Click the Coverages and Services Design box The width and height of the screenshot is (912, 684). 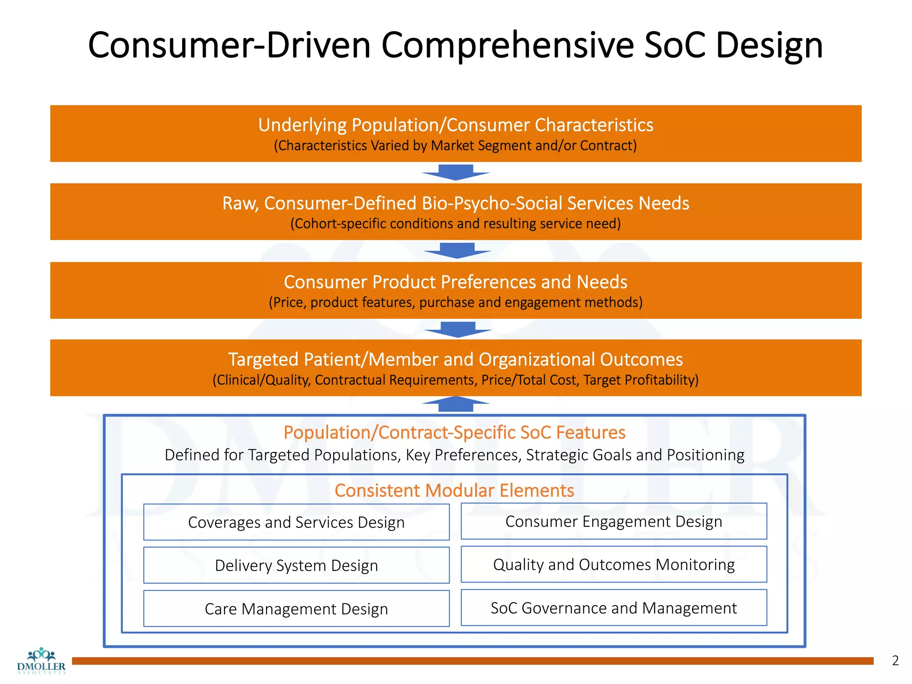pyautogui.click(x=296, y=522)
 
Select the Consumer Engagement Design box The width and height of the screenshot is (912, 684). pyautogui.click(x=614, y=521)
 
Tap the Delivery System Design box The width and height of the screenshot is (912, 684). pyautogui.click(x=296, y=565)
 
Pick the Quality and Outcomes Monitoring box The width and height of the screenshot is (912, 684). pyautogui.click(x=614, y=564)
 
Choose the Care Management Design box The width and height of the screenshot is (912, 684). pyautogui.click(x=296, y=608)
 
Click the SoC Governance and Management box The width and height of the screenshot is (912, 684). pyautogui.click(x=614, y=607)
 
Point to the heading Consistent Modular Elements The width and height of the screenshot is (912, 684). pyautogui.click(x=454, y=490)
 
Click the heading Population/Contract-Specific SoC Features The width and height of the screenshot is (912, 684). pyautogui.click(x=454, y=432)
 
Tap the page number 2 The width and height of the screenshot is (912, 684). pyautogui.click(x=895, y=660)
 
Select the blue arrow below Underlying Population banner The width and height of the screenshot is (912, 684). pyautogui.click(x=456, y=172)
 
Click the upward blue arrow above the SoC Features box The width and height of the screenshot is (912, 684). pyautogui.click(x=456, y=403)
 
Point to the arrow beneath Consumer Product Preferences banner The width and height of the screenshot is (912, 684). pyautogui.click(x=457, y=330)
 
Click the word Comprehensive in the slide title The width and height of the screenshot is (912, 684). pyautogui.click(x=507, y=45)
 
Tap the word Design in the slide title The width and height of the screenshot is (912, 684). pyautogui.click(x=769, y=45)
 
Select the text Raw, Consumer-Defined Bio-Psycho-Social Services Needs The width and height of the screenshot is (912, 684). pyautogui.click(x=456, y=203)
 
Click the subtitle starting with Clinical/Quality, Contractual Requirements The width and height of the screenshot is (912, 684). pyautogui.click(x=456, y=380)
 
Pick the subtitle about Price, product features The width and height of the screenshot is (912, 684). pyautogui.click(x=456, y=302)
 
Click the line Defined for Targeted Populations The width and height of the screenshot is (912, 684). pyautogui.click(x=454, y=455)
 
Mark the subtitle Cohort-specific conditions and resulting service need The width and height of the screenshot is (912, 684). pyautogui.click(x=456, y=224)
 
